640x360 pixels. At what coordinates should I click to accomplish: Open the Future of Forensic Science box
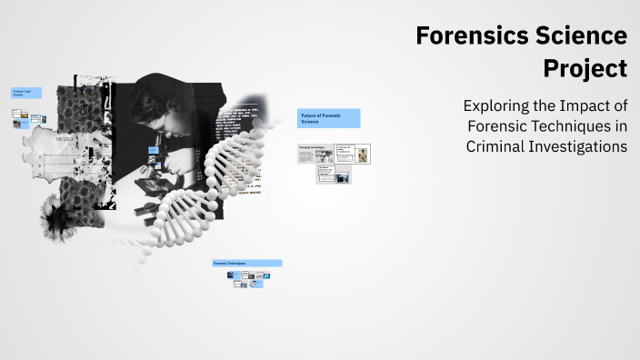(328, 118)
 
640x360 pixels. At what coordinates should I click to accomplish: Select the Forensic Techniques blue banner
(247, 263)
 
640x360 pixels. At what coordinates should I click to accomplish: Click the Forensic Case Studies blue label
(25, 92)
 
